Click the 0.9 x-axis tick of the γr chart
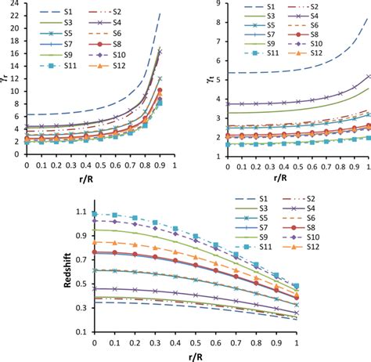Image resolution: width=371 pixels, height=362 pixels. click(x=160, y=165)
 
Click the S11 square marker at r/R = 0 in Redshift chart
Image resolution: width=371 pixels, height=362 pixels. click(x=95, y=214)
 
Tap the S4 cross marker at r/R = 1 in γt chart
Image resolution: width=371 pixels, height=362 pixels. click(x=369, y=76)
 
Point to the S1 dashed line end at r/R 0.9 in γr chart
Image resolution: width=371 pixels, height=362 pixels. click(x=160, y=13)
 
